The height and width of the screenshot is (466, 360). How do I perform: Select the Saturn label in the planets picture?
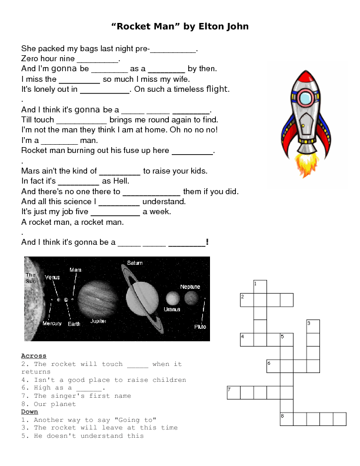(135, 262)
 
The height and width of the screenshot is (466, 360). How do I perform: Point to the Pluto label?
(200, 326)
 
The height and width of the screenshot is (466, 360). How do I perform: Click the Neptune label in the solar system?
(189, 287)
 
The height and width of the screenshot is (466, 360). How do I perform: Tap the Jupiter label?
(98, 322)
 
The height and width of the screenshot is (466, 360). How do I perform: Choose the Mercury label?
(52, 324)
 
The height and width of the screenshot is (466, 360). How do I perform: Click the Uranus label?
(172, 309)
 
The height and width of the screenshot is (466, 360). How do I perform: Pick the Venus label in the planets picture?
(52, 277)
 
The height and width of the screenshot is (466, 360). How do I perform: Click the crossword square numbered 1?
(260, 287)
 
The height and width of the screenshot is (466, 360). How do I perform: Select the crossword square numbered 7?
(234, 392)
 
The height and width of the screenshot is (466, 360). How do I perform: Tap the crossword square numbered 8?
(286, 419)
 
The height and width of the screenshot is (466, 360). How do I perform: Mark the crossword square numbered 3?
(313, 327)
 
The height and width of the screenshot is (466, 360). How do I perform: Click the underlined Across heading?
(34, 356)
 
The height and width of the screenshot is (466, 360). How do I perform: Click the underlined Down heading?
(29, 412)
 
